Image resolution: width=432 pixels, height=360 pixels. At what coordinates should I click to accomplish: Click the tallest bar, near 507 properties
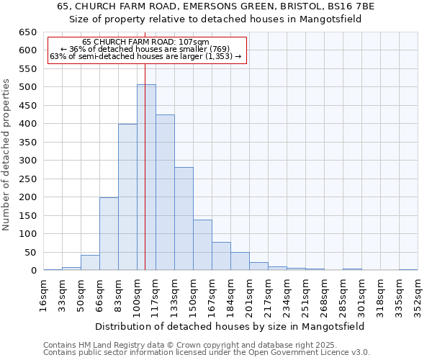click(x=146, y=177)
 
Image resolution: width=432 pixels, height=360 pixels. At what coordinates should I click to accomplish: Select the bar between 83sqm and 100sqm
click(x=127, y=197)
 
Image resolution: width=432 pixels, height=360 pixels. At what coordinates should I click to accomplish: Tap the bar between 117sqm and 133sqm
click(x=165, y=192)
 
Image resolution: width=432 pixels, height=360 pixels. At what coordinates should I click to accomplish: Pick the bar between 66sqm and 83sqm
click(x=109, y=234)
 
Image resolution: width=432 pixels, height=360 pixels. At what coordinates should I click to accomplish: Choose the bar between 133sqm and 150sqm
click(x=184, y=219)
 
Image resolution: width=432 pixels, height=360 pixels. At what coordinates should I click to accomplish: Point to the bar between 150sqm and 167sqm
click(x=202, y=245)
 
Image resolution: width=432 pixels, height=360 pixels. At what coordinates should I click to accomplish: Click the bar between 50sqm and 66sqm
click(x=90, y=263)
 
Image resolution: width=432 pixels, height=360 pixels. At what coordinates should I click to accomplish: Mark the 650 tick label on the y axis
click(x=27, y=32)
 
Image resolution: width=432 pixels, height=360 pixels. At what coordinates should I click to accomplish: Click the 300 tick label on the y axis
click(x=27, y=161)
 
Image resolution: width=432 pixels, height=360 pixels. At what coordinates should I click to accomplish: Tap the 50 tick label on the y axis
click(x=30, y=253)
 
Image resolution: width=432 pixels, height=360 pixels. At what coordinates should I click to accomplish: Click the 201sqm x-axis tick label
click(x=250, y=295)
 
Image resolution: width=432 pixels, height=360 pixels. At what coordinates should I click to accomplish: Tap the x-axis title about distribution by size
click(x=230, y=326)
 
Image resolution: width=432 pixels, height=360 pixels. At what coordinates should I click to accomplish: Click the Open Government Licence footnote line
click(x=207, y=353)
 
